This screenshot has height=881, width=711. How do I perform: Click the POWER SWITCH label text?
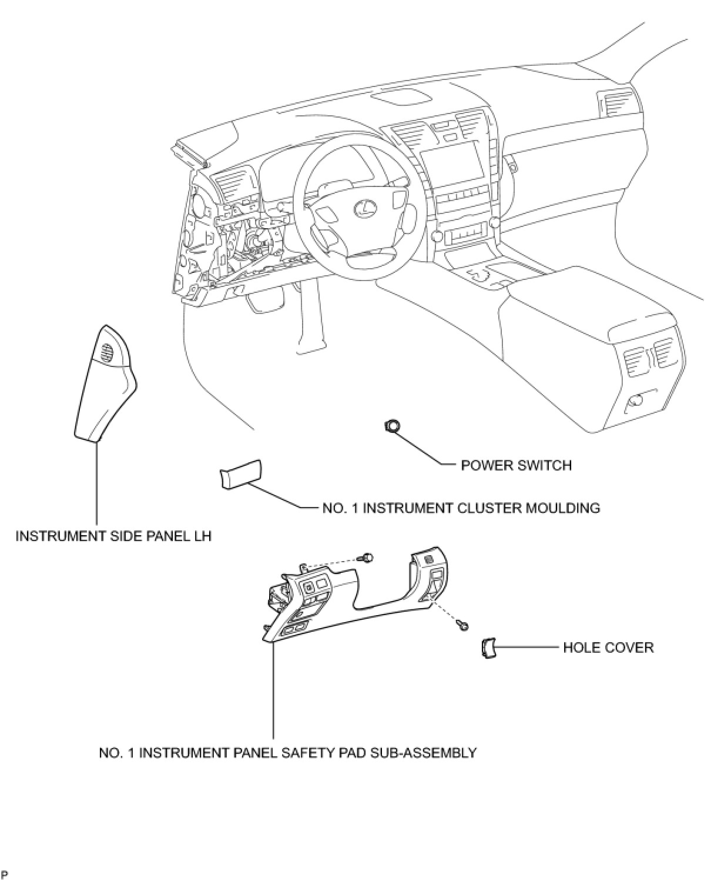click(x=516, y=465)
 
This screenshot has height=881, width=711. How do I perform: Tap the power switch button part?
click(x=392, y=425)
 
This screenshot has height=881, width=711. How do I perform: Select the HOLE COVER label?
click(x=608, y=648)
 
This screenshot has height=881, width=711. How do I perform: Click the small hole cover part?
click(x=487, y=648)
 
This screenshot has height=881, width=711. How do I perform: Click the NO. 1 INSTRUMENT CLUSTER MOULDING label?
click(x=461, y=508)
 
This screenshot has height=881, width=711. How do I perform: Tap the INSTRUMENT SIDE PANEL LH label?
click(x=113, y=536)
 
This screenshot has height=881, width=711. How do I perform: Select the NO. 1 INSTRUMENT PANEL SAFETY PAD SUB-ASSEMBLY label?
click(x=287, y=753)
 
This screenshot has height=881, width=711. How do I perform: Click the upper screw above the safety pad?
click(x=368, y=557)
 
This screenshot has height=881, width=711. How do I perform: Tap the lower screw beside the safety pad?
click(x=463, y=626)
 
